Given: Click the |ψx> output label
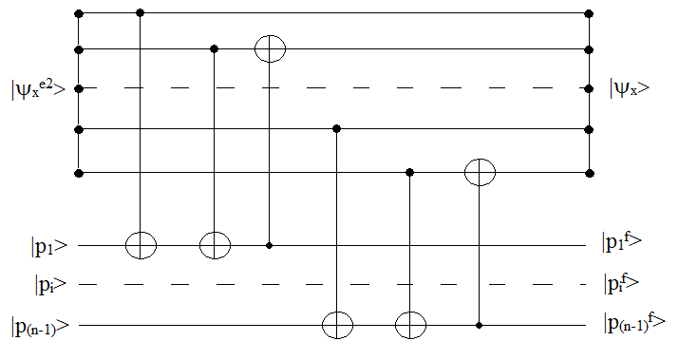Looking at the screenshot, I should pos(631,89).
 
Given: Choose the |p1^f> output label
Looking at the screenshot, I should pos(623,243).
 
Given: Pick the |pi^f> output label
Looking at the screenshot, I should pos(622,282).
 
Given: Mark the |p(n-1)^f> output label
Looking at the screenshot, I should pos(635,323).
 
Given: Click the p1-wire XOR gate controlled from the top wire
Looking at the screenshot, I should pos(141,245).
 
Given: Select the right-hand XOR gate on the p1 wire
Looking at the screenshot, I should pos(215,245).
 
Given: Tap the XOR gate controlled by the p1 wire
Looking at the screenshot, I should pos(270,48).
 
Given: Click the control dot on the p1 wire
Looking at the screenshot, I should pos(270,245).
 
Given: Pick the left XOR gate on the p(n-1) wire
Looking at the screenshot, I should pos(337,325).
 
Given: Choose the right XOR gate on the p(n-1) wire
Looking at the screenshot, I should pos(410,325).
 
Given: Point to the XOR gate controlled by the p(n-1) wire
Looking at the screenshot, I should pos(480,173).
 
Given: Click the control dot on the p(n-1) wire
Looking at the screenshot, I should pos(480,325).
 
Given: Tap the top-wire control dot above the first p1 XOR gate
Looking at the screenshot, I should pos(141,13).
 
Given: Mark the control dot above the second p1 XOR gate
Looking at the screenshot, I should pos(215,48).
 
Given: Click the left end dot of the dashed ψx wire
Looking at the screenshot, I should pos(78,88).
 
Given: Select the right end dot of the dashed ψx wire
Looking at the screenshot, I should pos(590,88).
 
